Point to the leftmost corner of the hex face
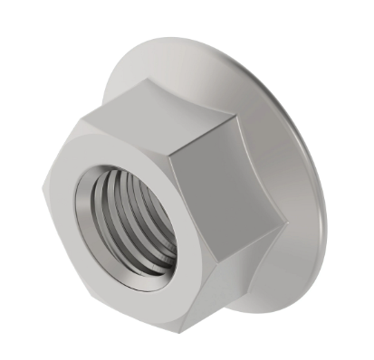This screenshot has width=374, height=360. [x=43, y=191]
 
